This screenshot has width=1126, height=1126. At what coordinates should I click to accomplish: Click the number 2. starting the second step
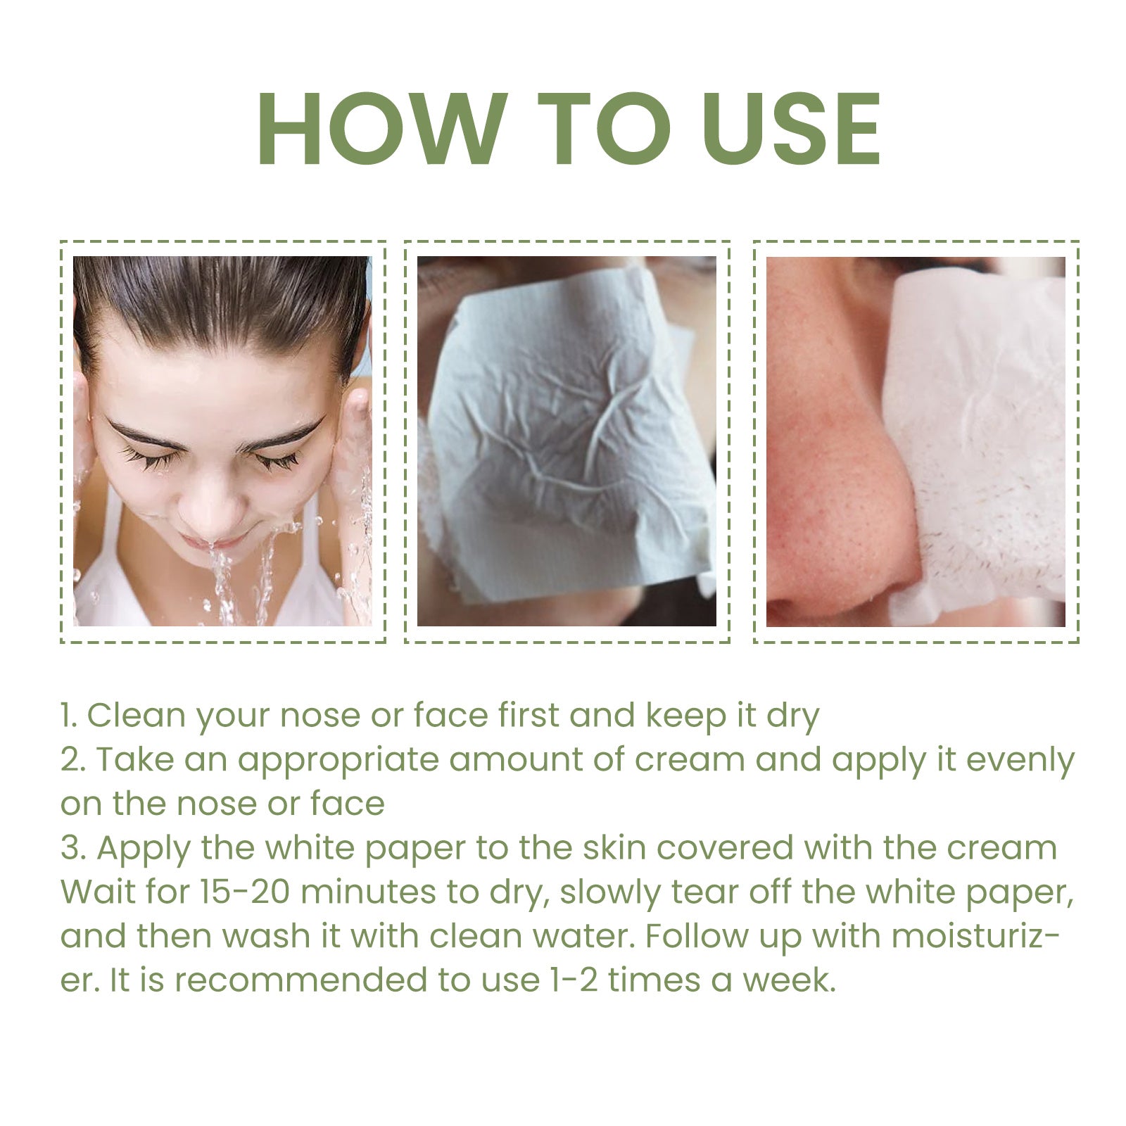click(72, 760)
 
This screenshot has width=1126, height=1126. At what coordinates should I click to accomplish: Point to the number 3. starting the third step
click(72, 848)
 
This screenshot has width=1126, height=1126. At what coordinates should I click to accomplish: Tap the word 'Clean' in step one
click(134, 716)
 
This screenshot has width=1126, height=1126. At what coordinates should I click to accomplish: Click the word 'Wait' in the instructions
click(91, 892)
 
